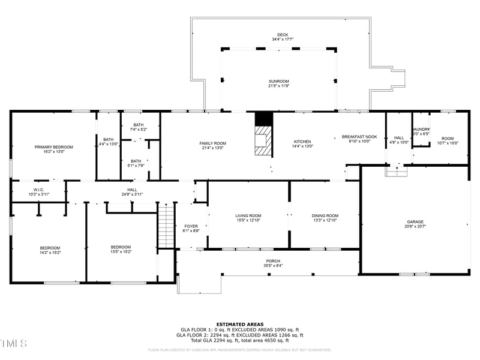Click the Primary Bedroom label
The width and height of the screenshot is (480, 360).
tap(53, 147)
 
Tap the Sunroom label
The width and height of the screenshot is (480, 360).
tap(278, 81)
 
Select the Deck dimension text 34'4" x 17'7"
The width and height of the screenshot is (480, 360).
tap(282, 40)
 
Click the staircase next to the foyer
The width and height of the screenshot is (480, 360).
tap(166, 225)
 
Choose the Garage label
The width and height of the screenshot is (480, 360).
tap(415, 222)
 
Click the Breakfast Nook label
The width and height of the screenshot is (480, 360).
tap(359, 137)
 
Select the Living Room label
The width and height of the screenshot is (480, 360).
tap(248, 215)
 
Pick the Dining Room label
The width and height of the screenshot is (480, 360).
tap(325, 215)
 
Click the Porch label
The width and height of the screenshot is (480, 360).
tap(274, 260)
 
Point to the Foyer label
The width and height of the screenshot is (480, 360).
tap(191, 226)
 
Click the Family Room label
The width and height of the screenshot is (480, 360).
tap(212, 143)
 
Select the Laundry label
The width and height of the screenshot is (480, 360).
tap(421, 129)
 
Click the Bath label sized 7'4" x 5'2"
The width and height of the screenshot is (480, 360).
tap(139, 125)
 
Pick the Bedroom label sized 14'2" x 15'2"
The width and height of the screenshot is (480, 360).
tap(50, 248)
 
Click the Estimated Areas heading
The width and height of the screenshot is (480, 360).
tap(239, 324)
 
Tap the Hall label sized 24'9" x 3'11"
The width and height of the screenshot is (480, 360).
tap(132, 190)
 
